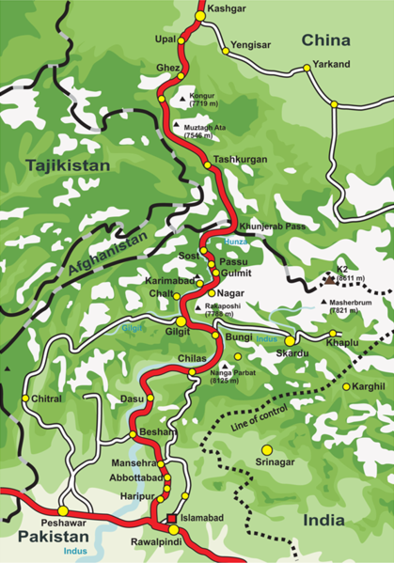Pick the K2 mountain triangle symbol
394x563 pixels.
[328, 279]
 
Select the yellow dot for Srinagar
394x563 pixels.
[266, 449]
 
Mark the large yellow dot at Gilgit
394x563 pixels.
[181, 321]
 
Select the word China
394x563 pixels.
[325, 40]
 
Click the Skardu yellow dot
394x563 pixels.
[290, 339]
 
